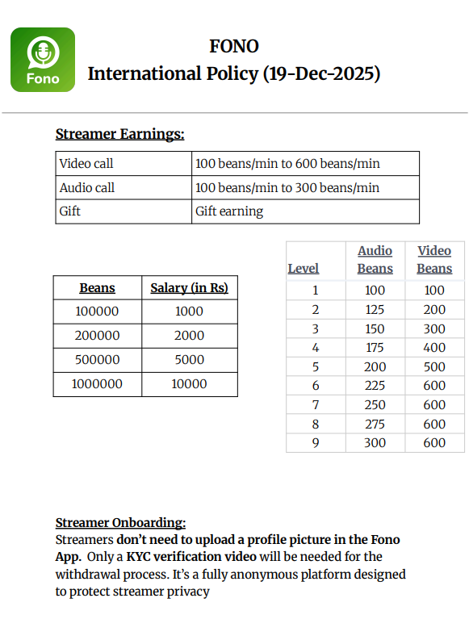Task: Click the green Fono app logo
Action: [43, 60]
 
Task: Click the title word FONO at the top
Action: [234, 46]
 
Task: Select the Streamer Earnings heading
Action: [119, 134]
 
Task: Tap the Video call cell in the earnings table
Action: [86, 163]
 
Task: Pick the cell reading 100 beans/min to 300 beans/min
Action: [287, 187]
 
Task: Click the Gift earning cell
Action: [229, 211]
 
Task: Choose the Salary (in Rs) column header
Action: [189, 288]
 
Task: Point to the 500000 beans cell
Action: [97, 359]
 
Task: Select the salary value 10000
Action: [189, 383]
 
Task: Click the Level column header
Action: [304, 269]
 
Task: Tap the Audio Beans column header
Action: [375, 260]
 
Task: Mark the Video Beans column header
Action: [434, 260]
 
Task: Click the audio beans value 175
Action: [375, 348]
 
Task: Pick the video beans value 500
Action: [434, 366]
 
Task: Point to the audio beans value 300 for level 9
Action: [375, 443]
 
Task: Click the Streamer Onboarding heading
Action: [120, 523]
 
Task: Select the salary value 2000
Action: [189, 335]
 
